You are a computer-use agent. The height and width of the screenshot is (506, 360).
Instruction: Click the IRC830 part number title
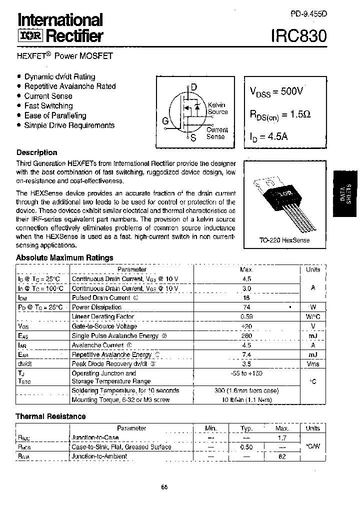point(299,35)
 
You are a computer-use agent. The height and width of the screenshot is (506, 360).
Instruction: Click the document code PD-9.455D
point(309,14)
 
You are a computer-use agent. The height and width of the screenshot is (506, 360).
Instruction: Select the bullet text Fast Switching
point(48,106)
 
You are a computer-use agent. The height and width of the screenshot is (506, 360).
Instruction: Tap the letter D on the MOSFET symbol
point(193,87)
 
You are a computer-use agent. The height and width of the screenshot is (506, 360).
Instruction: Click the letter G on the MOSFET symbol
point(165,121)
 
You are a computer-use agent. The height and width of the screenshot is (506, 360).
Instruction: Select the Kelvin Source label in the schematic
point(217,108)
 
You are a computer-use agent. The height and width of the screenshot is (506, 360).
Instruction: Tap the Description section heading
point(37,152)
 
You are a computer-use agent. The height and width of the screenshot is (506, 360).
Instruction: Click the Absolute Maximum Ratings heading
point(64,257)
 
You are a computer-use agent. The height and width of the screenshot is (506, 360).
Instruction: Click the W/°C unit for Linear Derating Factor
point(313,316)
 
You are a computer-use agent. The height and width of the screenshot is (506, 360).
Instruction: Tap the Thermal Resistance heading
point(50,416)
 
